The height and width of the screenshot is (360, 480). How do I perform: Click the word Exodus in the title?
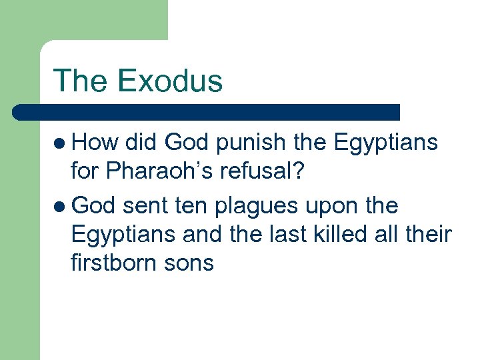click(x=169, y=81)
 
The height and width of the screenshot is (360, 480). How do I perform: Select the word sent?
click(x=145, y=206)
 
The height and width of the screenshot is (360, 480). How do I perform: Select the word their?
click(x=428, y=235)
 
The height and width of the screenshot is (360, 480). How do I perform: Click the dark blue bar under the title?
click(x=207, y=111)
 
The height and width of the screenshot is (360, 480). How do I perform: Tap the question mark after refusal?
click(x=298, y=172)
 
